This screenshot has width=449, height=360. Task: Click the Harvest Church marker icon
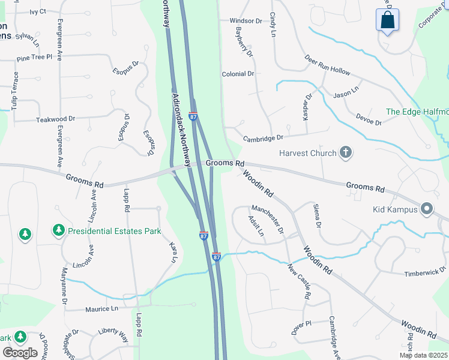coord(345,153)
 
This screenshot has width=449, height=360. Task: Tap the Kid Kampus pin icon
coord(427,209)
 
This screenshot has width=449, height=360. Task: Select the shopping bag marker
coord(388,20)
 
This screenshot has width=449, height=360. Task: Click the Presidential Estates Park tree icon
coord(59,230)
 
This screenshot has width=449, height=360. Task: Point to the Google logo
coord(20,353)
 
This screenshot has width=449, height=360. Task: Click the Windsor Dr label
coord(246,20)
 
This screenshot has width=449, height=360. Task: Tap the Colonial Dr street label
coord(238,74)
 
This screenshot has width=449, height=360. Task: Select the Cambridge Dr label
coord(263,139)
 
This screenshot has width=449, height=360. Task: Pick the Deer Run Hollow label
coord(327,66)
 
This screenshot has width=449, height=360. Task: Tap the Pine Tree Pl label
coord(35,58)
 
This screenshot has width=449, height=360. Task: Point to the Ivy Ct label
coord(38,11)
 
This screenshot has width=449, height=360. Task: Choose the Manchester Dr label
coord(267,217)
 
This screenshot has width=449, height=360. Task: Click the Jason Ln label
coord(346,94)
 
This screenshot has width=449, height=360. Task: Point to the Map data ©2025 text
coord(424,355)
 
